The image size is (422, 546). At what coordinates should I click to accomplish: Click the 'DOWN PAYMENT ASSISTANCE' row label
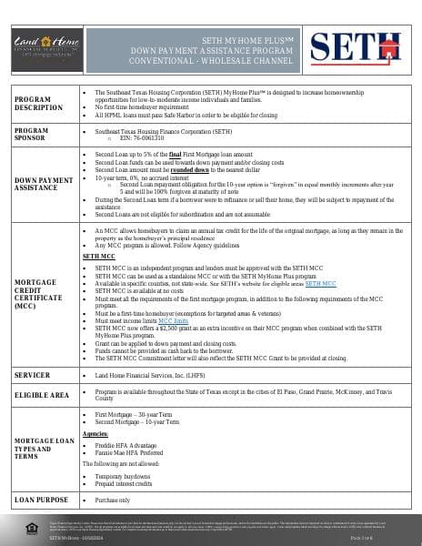coord(44,184)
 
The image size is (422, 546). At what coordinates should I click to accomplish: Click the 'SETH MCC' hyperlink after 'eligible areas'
coord(319,284)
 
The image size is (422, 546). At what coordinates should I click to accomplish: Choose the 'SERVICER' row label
coord(32,374)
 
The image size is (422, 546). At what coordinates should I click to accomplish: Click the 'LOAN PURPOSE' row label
coord(40,500)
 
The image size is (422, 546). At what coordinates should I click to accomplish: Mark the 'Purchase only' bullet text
coord(113,500)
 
